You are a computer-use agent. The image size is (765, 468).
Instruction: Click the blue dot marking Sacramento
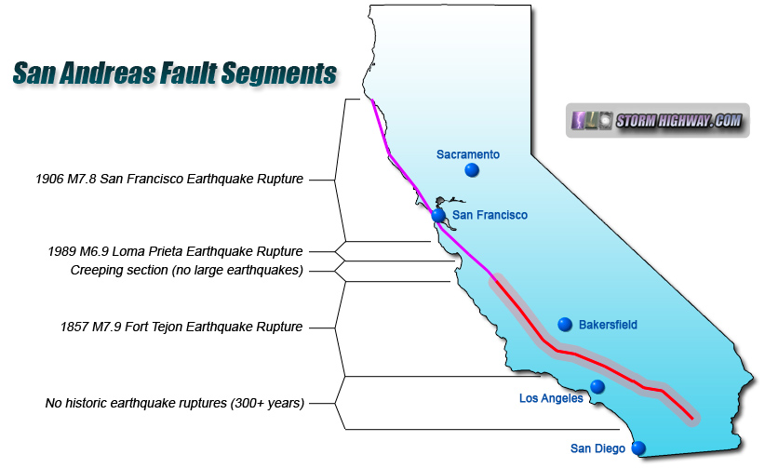pyautogui.click(x=472, y=170)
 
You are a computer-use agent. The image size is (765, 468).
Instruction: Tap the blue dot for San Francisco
pyautogui.click(x=438, y=215)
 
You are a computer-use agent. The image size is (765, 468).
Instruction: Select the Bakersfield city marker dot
pyautogui.click(x=564, y=324)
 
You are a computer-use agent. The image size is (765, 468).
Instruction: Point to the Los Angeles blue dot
pyautogui.click(x=597, y=386)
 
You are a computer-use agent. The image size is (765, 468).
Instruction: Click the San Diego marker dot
pyautogui.click(x=638, y=448)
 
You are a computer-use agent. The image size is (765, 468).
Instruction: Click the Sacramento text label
pyautogui.click(x=468, y=154)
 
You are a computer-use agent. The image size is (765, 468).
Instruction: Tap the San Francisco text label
pyautogui.click(x=490, y=215)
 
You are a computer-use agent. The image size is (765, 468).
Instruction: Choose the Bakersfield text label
pyautogui.click(x=608, y=325)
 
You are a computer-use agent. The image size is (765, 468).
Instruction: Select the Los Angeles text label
pyautogui.click(x=551, y=398)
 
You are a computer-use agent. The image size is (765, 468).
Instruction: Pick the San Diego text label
pyautogui.click(x=598, y=448)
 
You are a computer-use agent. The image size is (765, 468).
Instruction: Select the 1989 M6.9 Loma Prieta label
pyautogui.click(x=176, y=251)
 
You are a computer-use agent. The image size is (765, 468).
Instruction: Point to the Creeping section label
pyautogui.click(x=187, y=270)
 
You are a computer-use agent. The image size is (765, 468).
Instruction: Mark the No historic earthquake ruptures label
pyautogui.click(x=176, y=403)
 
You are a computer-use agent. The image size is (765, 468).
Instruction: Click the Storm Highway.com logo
pyautogui.click(x=658, y=121)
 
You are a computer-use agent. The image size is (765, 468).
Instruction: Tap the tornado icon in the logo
pyautogui.click(x=580, y=121)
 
